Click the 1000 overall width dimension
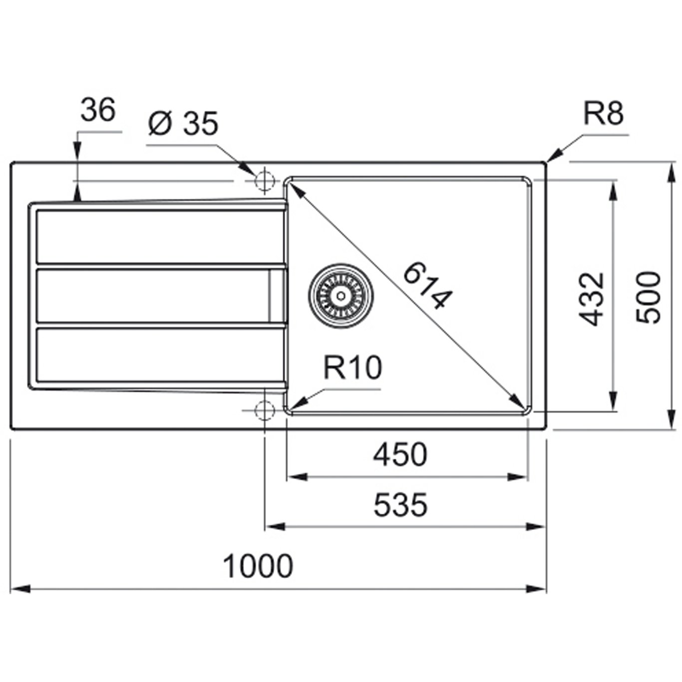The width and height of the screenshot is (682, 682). click(x=258, y=566)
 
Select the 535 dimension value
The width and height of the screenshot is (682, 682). click(x=400, y=505)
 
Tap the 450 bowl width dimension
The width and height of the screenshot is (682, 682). click(x=400, y=455)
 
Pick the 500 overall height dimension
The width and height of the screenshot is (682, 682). click(x=649, y=298)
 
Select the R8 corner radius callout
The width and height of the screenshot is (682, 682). click(x=604, y=113)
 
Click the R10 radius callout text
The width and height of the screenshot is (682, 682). click(x=352, y=367)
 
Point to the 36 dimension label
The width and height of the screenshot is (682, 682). click(x=98, y=110)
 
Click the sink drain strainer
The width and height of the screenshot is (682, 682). click(x=341, y=296)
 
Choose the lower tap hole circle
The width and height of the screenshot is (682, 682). click(x=264, y=411)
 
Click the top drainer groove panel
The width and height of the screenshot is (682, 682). click(x=160, y=237)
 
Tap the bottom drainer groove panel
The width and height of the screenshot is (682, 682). click(x=160, y=354)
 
